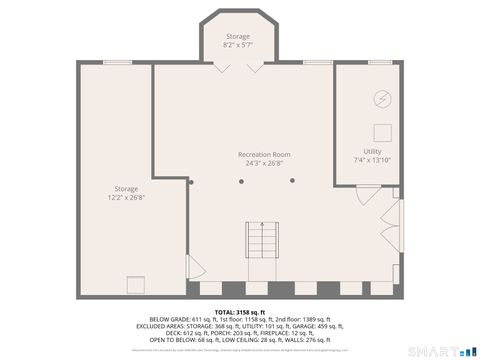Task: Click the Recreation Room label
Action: (x=264, y=154)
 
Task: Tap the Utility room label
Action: (x=372, y=151)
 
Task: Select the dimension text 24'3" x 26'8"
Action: (x=264, y=164)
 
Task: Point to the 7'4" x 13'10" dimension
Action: (x=372, y=160)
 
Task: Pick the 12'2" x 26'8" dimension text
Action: (x=126, y=197)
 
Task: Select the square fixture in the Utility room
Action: (x=381, y=130)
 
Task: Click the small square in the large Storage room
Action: (x=133, y=282)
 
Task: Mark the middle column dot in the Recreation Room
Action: (x=241, y=181)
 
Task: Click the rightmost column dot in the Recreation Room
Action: (x=292, y=181)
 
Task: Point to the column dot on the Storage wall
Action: (x=190, y=182)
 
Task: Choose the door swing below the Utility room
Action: (x=367, y=197)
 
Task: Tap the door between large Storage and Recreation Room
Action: (x=195, y=268)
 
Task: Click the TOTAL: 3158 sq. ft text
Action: (x=240, y=311)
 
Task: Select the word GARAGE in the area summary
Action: (x=313, y=325)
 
